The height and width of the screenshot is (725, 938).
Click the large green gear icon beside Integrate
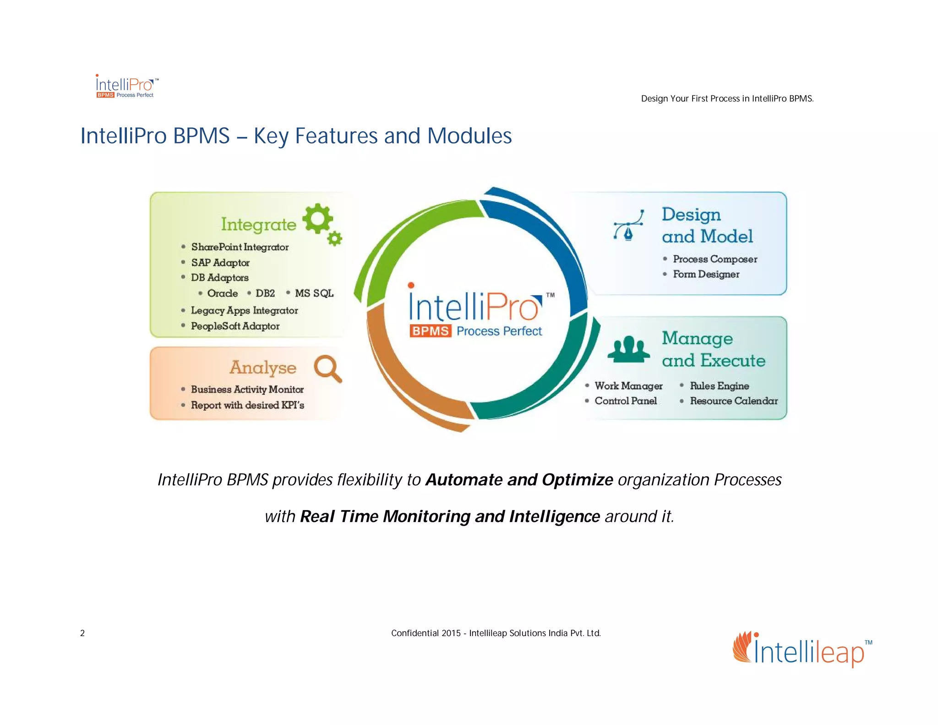(x=317, y=219)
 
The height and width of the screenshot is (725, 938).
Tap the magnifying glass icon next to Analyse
(x=327, y=368)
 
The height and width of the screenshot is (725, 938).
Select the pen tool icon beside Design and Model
(x=629, y=225)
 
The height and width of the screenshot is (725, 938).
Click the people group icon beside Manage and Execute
(x=628, y=349)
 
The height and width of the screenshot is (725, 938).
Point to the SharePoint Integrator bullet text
(x=240, y=247)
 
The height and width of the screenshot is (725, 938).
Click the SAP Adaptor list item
(x=220, y=263)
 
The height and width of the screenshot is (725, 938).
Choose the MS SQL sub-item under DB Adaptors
(x=314, y=293)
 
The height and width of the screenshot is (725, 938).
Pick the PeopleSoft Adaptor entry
(x=235, y=326)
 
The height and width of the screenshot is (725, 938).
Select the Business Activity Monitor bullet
(x=247, y=389)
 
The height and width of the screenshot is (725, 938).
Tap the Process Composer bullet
(x=714, y=259)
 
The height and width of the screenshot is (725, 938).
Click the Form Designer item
(x=706, y=274)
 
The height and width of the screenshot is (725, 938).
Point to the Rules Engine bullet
(x=719, y=386)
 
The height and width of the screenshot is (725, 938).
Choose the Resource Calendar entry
(x=733, y=401)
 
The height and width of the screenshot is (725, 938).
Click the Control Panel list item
(x=625, y=401)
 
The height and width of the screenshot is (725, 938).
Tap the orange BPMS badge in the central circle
(x=430, y=331)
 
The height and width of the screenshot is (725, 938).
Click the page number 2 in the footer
(x=82, y=633)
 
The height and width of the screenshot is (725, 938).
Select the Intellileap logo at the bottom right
(x=802, y=649)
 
